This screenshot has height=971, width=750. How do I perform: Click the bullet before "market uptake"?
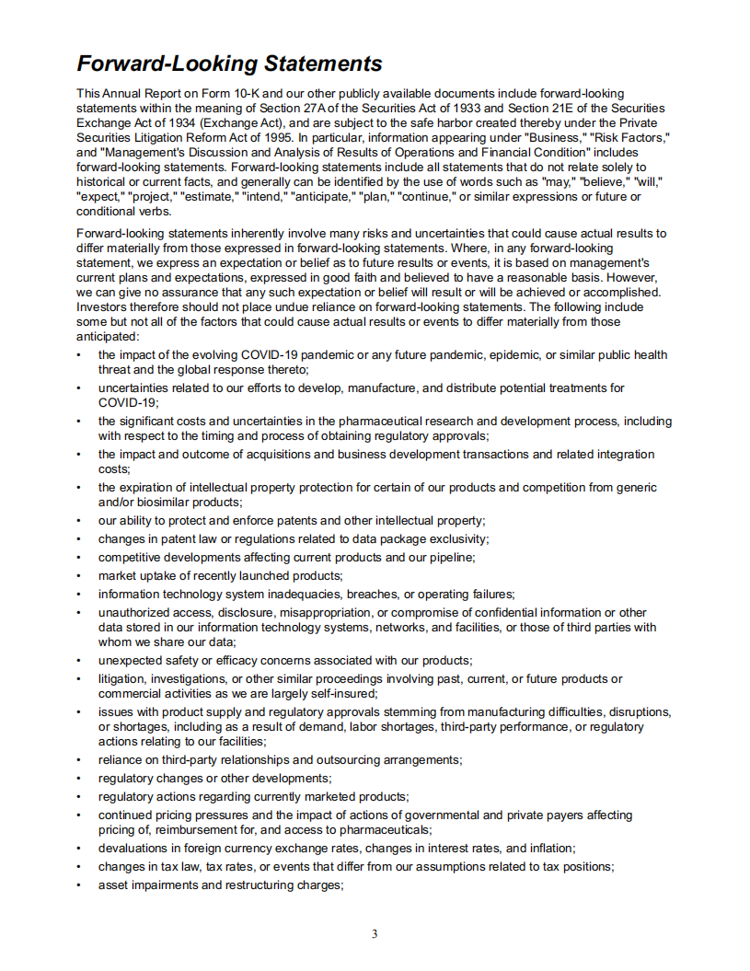pos(79,576)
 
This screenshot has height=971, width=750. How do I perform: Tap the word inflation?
pos(544,849)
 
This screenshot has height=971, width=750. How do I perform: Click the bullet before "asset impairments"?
pos(79,885)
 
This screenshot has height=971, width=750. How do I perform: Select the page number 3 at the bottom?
pos(375,934)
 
